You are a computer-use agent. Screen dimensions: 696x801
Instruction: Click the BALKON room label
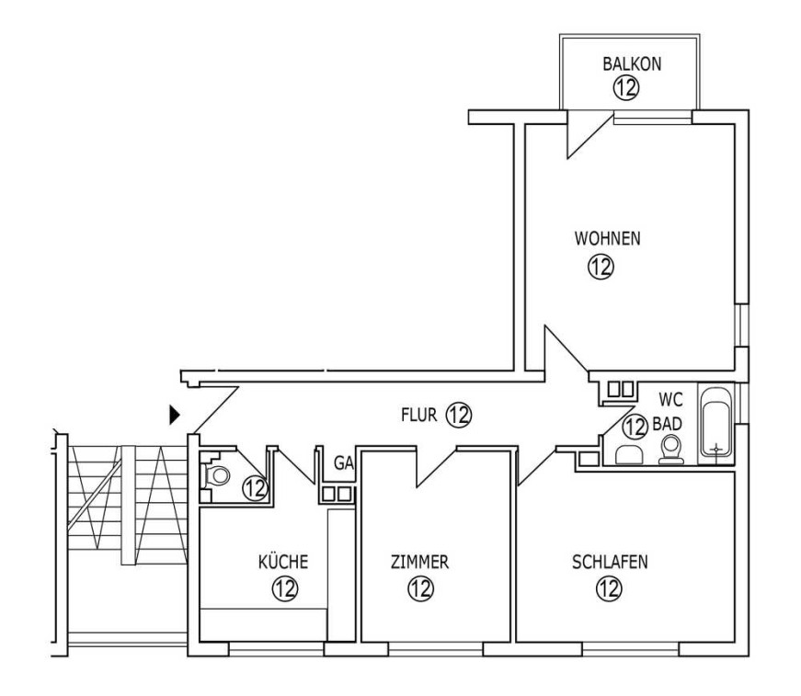[x=632, y=63]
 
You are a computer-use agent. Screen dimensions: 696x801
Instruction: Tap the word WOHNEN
[x=607, y=238]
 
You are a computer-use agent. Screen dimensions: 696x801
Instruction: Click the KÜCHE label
[x=282, y=562]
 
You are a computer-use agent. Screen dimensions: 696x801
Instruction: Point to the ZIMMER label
[x=419, y=562]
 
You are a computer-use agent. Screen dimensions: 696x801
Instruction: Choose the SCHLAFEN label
[x=609, y=562]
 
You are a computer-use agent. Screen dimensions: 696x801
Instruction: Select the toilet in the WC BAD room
[x=672, y=450]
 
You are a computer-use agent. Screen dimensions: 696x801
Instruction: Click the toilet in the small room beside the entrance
[x=217, y=475]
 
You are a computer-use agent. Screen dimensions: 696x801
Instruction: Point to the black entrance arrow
[x=175, y=416]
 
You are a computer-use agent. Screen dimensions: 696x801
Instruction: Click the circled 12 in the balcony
[x=626, y=87]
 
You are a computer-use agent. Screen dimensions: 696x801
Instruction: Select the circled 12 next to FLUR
[x=458, y=415]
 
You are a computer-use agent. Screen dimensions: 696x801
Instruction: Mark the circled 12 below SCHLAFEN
[x=607, y=589]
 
